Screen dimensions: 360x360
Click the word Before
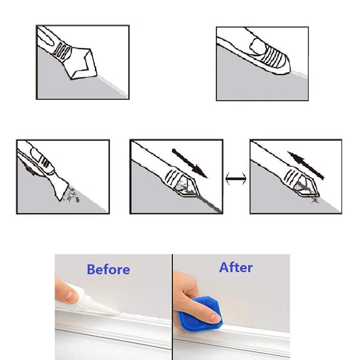(108, 269)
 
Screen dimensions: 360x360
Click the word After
(236, 267)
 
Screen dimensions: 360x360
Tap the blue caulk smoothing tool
(199, 315)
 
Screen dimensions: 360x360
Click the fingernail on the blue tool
(215, 318)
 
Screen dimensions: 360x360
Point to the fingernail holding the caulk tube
(72, 297)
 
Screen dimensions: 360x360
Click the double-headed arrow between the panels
(236, 178)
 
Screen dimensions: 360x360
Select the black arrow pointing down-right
(189, 163)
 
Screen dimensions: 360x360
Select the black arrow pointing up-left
(306, 165)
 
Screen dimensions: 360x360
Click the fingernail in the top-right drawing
(258, 46)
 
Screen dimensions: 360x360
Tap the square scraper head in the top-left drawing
(82, 64)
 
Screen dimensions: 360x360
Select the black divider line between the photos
(172, 307)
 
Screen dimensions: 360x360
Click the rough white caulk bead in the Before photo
(145, 316)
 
